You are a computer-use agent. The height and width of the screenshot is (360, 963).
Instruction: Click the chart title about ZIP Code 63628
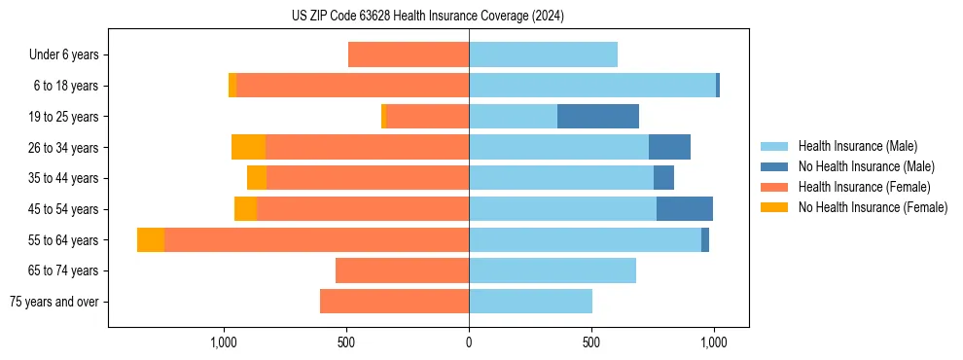coord(428,17)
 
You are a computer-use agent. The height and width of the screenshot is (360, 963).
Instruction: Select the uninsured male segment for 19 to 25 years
coord(598,117)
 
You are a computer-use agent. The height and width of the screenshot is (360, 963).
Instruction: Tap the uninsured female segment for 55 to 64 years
coord(151,240)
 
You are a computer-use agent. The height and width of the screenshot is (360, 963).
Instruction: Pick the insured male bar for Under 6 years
coord(543,55)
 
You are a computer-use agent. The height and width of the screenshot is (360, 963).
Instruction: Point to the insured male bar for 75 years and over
coord(530,302)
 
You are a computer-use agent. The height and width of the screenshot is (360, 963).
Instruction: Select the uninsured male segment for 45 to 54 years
coord(685,209)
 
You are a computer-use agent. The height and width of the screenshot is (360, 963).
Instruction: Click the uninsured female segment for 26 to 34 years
coord(248,147)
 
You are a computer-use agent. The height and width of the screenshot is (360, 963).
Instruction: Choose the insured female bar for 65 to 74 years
coord(402,270)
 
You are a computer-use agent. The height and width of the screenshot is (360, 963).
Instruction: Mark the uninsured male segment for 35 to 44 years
coord(663,178)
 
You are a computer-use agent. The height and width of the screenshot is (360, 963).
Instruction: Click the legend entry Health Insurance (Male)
coord(857,146)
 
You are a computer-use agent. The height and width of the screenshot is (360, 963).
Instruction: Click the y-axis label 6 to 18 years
coord(65,86)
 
